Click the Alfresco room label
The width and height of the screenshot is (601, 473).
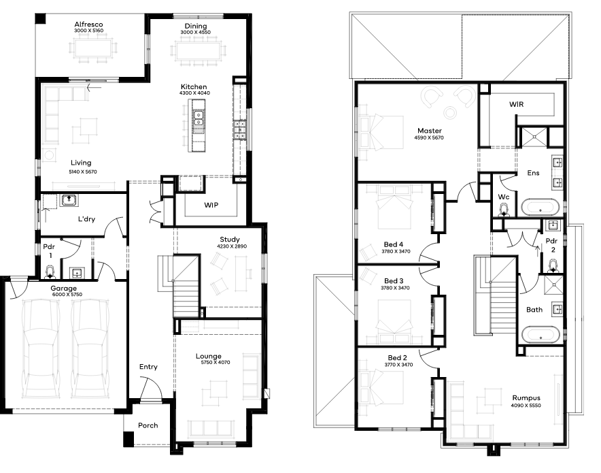88,25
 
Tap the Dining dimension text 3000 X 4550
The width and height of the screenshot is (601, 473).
195,32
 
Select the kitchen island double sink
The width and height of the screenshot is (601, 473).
199,118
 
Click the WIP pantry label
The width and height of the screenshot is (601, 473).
211,205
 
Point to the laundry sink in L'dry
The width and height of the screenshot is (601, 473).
69,200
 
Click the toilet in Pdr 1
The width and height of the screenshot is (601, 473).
50,272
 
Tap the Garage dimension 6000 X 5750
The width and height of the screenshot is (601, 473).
67,295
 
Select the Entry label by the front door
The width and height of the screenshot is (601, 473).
148,367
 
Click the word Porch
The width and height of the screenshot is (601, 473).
148,425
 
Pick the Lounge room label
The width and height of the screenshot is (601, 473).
209,356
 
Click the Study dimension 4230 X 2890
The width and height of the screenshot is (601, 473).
232,246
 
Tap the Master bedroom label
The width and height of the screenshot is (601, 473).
430,131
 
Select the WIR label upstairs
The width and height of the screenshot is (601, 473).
516,104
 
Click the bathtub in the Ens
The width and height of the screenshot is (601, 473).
540,207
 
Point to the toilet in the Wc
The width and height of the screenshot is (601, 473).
504,209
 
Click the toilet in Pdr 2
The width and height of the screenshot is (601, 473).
553,265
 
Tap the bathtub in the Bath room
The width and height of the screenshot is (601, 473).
540,334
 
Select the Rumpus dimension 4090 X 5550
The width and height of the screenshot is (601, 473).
526,406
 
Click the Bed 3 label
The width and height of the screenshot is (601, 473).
394,281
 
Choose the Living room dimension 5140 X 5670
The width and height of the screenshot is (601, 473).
83,172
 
